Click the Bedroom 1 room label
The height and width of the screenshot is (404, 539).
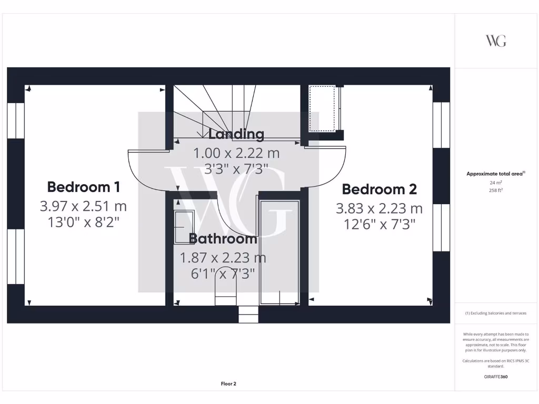[x=84, y=187]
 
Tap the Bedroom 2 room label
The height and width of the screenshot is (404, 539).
[x=379, y=189]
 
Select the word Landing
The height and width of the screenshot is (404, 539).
[x=236, y=134]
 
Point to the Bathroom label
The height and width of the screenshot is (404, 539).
[x=223, y=239]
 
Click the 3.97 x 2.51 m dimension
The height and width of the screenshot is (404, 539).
[x=84, y=206]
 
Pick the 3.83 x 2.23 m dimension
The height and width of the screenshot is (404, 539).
[x=379, y=209]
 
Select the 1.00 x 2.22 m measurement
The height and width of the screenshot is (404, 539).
[x=236, y=154]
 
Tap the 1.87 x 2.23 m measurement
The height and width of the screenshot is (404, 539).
[x=223, y=258]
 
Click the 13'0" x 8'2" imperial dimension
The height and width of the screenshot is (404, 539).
[x=84, y=222]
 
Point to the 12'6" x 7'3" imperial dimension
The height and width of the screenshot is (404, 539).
[x=379, y=225]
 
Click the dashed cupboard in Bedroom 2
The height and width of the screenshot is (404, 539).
[x=322, y=109]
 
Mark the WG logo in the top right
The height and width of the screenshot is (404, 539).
[x=496, y=41]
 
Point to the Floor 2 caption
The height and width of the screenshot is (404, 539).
[x=228, y=384]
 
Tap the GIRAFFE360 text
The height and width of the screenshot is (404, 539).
[x=496, y=377]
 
